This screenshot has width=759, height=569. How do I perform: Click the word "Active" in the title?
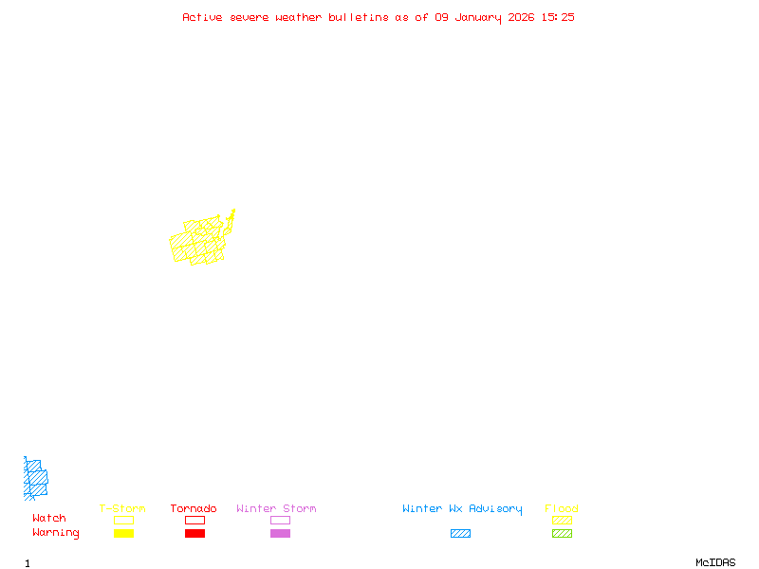coord(203,17)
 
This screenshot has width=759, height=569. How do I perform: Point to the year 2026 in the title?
coord(523,17)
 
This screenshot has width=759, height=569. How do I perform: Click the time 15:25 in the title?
coord(558,17)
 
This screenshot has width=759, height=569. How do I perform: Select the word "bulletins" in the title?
coord(359,17)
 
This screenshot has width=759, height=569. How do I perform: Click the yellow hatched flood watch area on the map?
coord(199,242)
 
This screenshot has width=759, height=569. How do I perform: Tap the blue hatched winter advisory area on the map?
coord(35,478)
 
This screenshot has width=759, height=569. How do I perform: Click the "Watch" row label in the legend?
coord(49,519)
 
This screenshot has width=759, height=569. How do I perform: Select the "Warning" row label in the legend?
coord(56,533)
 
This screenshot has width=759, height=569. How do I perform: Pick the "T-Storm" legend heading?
coord(122,509)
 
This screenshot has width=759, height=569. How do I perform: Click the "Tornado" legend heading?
coord(194,509)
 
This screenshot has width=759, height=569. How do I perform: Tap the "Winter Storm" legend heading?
coord(276,509)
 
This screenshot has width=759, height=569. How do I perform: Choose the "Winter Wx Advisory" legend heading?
coord(462,509)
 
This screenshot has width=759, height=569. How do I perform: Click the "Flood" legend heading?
coord(562,509)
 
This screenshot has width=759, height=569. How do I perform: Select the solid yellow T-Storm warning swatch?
coord(123,534)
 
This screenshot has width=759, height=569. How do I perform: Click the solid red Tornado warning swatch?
coord(194,534)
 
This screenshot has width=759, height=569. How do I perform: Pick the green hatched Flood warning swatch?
coord(562,534)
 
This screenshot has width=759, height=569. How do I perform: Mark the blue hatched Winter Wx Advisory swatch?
coord(460,534)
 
